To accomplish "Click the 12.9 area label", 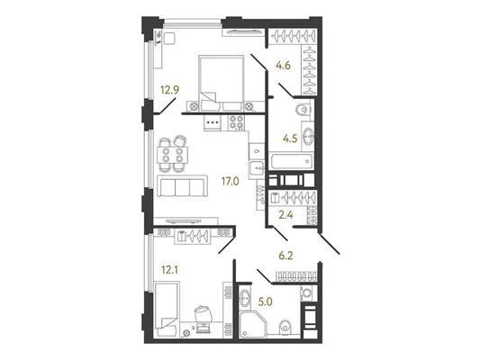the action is [x=170, y=90].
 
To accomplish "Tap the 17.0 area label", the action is [x=231, y=182].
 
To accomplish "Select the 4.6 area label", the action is [x=283, y=66].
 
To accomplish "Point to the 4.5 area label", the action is [x=290, y=139].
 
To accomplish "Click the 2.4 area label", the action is [x=285, y=215].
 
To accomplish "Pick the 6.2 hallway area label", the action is [x=285, y=256].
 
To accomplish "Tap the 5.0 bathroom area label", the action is [x=265, y=302].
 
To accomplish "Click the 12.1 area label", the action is [x=169, y=270].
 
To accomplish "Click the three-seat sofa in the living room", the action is [x=181, y=186].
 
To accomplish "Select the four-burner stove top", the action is [x=236, y=122].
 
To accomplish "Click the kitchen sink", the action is [x=257, y=168].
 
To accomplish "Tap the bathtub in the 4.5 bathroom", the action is [x=291, y=161].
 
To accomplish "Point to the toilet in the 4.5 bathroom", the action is [x=303, y=110].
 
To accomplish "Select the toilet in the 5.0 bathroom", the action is [x=285, y=328].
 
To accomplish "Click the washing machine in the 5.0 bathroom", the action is [x=306, y=293].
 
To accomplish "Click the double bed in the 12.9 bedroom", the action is [x=222, y=83].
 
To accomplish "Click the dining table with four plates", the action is [x=172, y=155].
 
